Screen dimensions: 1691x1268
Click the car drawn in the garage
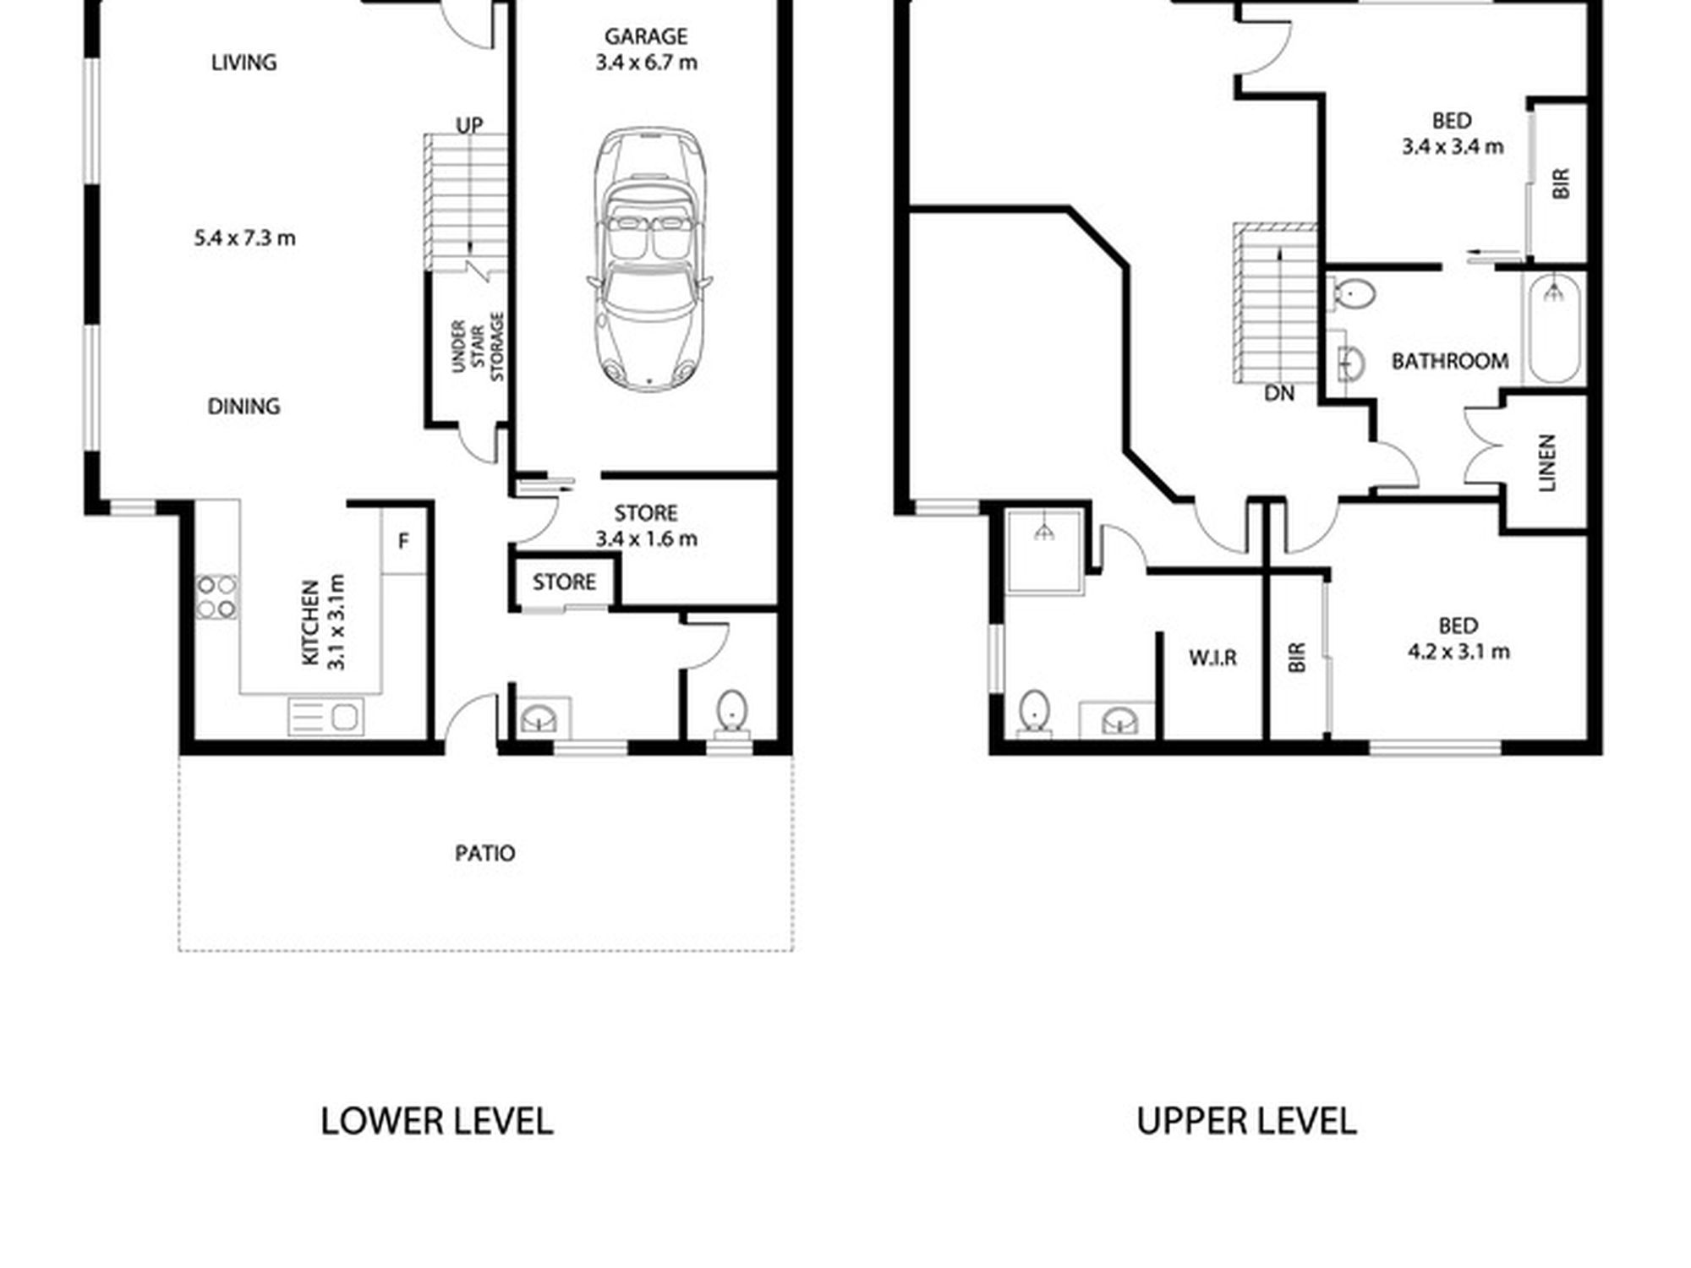tap(648, 259)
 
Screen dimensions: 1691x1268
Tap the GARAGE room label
tap(646, 36)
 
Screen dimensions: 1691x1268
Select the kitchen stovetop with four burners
tap(217, 597)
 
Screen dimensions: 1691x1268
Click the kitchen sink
tap(326, 717)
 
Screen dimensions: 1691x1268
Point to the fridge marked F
tap(404, 542)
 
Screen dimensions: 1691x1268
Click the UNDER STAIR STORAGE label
tap(478, 347)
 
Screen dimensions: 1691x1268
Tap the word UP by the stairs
tap(469, 125)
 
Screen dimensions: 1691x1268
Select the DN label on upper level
tap(1279, 393)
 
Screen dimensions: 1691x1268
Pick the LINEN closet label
tap(1546, 462)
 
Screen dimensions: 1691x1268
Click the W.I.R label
tap(1212, 658)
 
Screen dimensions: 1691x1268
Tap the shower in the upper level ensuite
tap(1045, 550)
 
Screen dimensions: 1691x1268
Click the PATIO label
tap(485, 853)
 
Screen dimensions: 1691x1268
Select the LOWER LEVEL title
tap(437, 1121)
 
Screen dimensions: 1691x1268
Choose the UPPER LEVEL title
tap(1247, 1121)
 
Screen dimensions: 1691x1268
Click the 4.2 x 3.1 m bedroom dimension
tap(1458, 652)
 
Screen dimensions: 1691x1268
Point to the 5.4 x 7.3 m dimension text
tap(244, 238)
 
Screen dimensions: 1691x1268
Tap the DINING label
tap(244, 407)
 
